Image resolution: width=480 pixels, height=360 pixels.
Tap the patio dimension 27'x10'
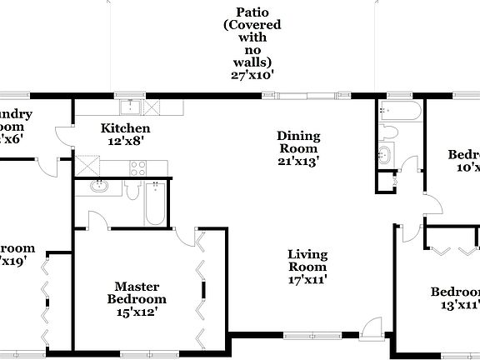pyautogui.click(x=253, y=74)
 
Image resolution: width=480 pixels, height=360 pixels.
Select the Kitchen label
pyautogui.click(x=125, y=128)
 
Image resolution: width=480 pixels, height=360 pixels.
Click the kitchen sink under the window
pyautogui.click(x=130, y=107)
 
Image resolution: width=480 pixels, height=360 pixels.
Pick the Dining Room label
pyautogui.click(x=298, y=142)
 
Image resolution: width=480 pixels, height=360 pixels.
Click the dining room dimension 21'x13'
pyautogui.click(x=298, y=162)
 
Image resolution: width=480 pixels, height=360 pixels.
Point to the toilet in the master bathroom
pyautogui.click(x=133, y=190)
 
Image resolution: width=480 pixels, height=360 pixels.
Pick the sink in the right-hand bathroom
pyautogui.click(x=385, y=154)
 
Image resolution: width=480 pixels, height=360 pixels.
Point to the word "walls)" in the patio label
pyautogui.click(x=253, y=62)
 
